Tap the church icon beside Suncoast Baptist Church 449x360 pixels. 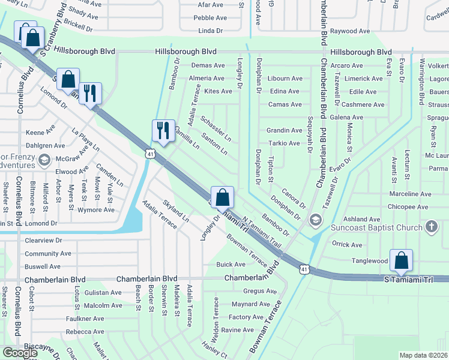pyautogui.click(x=430, y=227)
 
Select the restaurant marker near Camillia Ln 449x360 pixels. pyautogui.click(x=162, y=130)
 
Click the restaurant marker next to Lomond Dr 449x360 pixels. pyautogui.click(x=90, y=93)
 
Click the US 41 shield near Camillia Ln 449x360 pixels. pyautogui.click(x=150, y=154)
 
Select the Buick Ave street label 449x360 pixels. pyautogui.click(x=231, y=265)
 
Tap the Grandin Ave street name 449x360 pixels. pyautogui.click(x=284, y=130)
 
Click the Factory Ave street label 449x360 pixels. pyautogui.click(x=246, y=317)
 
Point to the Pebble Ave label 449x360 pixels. pyautogui.click(x=210, y=19)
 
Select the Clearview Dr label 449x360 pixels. pyautogui.click(x=43, y=240)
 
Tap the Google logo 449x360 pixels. pyautogui.click(x=20, y=353)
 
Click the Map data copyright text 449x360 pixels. pyautogui.click(x=424, y=355)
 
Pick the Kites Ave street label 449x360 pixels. pyautogui.click(x=218, y=91)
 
